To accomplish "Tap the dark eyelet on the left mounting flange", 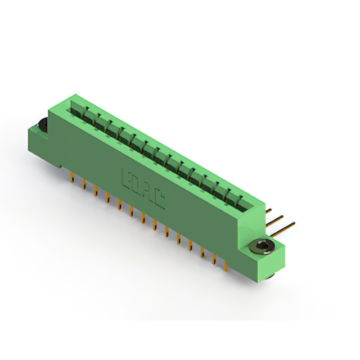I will [x=43, y=127].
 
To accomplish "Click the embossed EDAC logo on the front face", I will [x=143, y=188].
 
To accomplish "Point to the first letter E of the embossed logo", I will [x=126, y=179].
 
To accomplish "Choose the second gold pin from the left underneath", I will [x=83, y=184].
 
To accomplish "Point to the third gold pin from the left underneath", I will [x=95, y=191].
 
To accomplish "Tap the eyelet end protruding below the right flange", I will [x=269, y=276].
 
